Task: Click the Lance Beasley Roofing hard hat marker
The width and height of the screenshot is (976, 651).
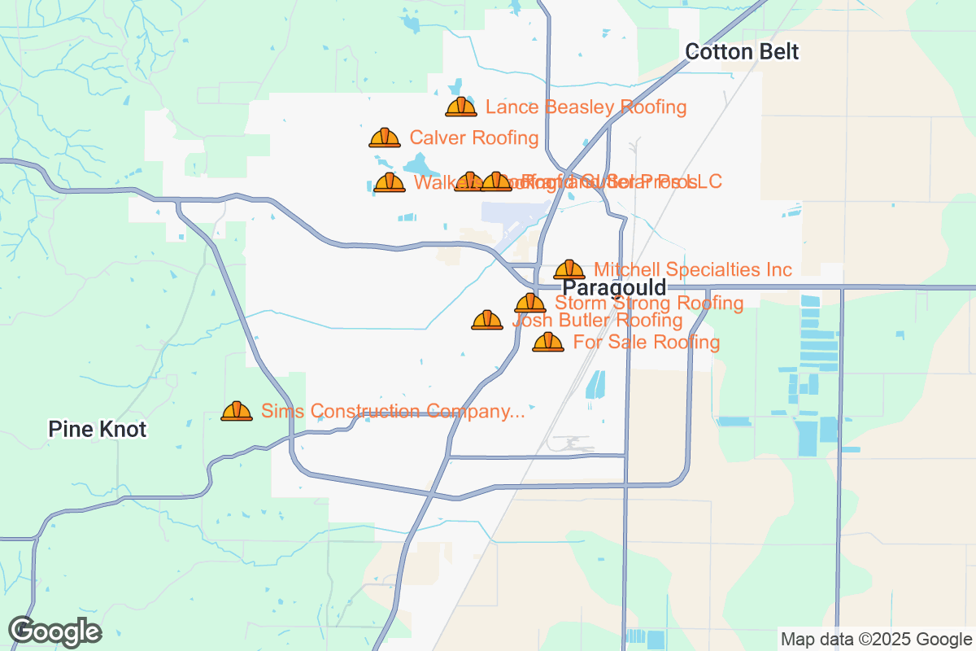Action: click(x=461, y=107)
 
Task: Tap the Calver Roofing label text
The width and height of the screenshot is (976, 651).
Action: click(x=473, y=138)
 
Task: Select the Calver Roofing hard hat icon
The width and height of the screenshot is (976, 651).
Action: click(x=385, y=138)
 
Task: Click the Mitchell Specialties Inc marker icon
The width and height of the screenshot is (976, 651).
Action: click(x=569, y=269)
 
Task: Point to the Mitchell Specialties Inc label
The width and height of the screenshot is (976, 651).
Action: click(x=692, y=269)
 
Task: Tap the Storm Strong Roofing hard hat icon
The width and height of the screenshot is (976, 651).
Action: click(x=530, y=303)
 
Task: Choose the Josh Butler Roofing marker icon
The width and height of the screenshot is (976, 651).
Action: click(x=487, y=320)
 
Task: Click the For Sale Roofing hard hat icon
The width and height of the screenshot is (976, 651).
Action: click(x=548, y=342)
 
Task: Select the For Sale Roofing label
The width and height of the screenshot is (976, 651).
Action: click(x=646, y=342)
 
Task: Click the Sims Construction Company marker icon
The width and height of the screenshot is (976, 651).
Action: click(x=237, y=411)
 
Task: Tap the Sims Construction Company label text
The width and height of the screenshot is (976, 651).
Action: click(x=392, y=411)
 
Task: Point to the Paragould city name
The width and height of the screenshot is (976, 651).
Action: click(x=614, y=287)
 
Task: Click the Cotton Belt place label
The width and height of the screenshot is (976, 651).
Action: click(x=742, y=52)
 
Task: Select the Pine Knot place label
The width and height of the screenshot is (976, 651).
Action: click(x=97, y=429)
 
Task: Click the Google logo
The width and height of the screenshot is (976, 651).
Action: click(x=54, y=631)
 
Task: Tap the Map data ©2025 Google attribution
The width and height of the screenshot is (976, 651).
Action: click(x=875, y=639)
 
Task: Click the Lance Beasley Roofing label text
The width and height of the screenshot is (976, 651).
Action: click(x=586, y=107)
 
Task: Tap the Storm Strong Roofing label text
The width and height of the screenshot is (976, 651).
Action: click(x=648, y=304)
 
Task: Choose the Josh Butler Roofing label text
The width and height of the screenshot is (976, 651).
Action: click(x=598, y=321)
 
